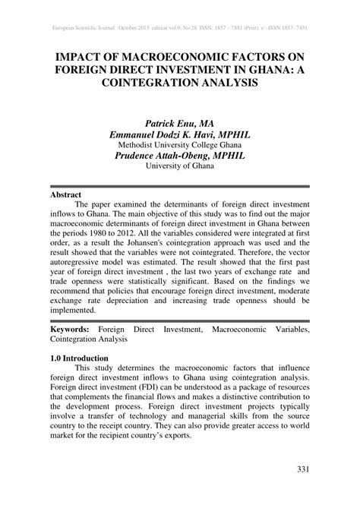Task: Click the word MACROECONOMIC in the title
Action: click(x=166, y=55)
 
